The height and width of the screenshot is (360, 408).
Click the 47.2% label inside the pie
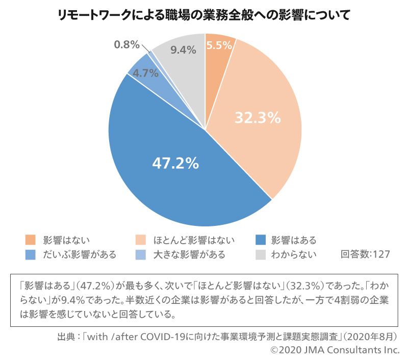175,164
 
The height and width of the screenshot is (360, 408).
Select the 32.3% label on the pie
258,118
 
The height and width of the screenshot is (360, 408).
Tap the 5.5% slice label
220,45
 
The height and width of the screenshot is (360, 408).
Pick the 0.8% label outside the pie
126,44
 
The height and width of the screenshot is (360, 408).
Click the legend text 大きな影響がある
189,254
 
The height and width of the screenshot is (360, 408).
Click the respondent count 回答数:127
365,254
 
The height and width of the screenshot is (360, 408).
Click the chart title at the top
204,15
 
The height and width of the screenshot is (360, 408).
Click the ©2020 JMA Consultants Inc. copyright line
335,350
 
